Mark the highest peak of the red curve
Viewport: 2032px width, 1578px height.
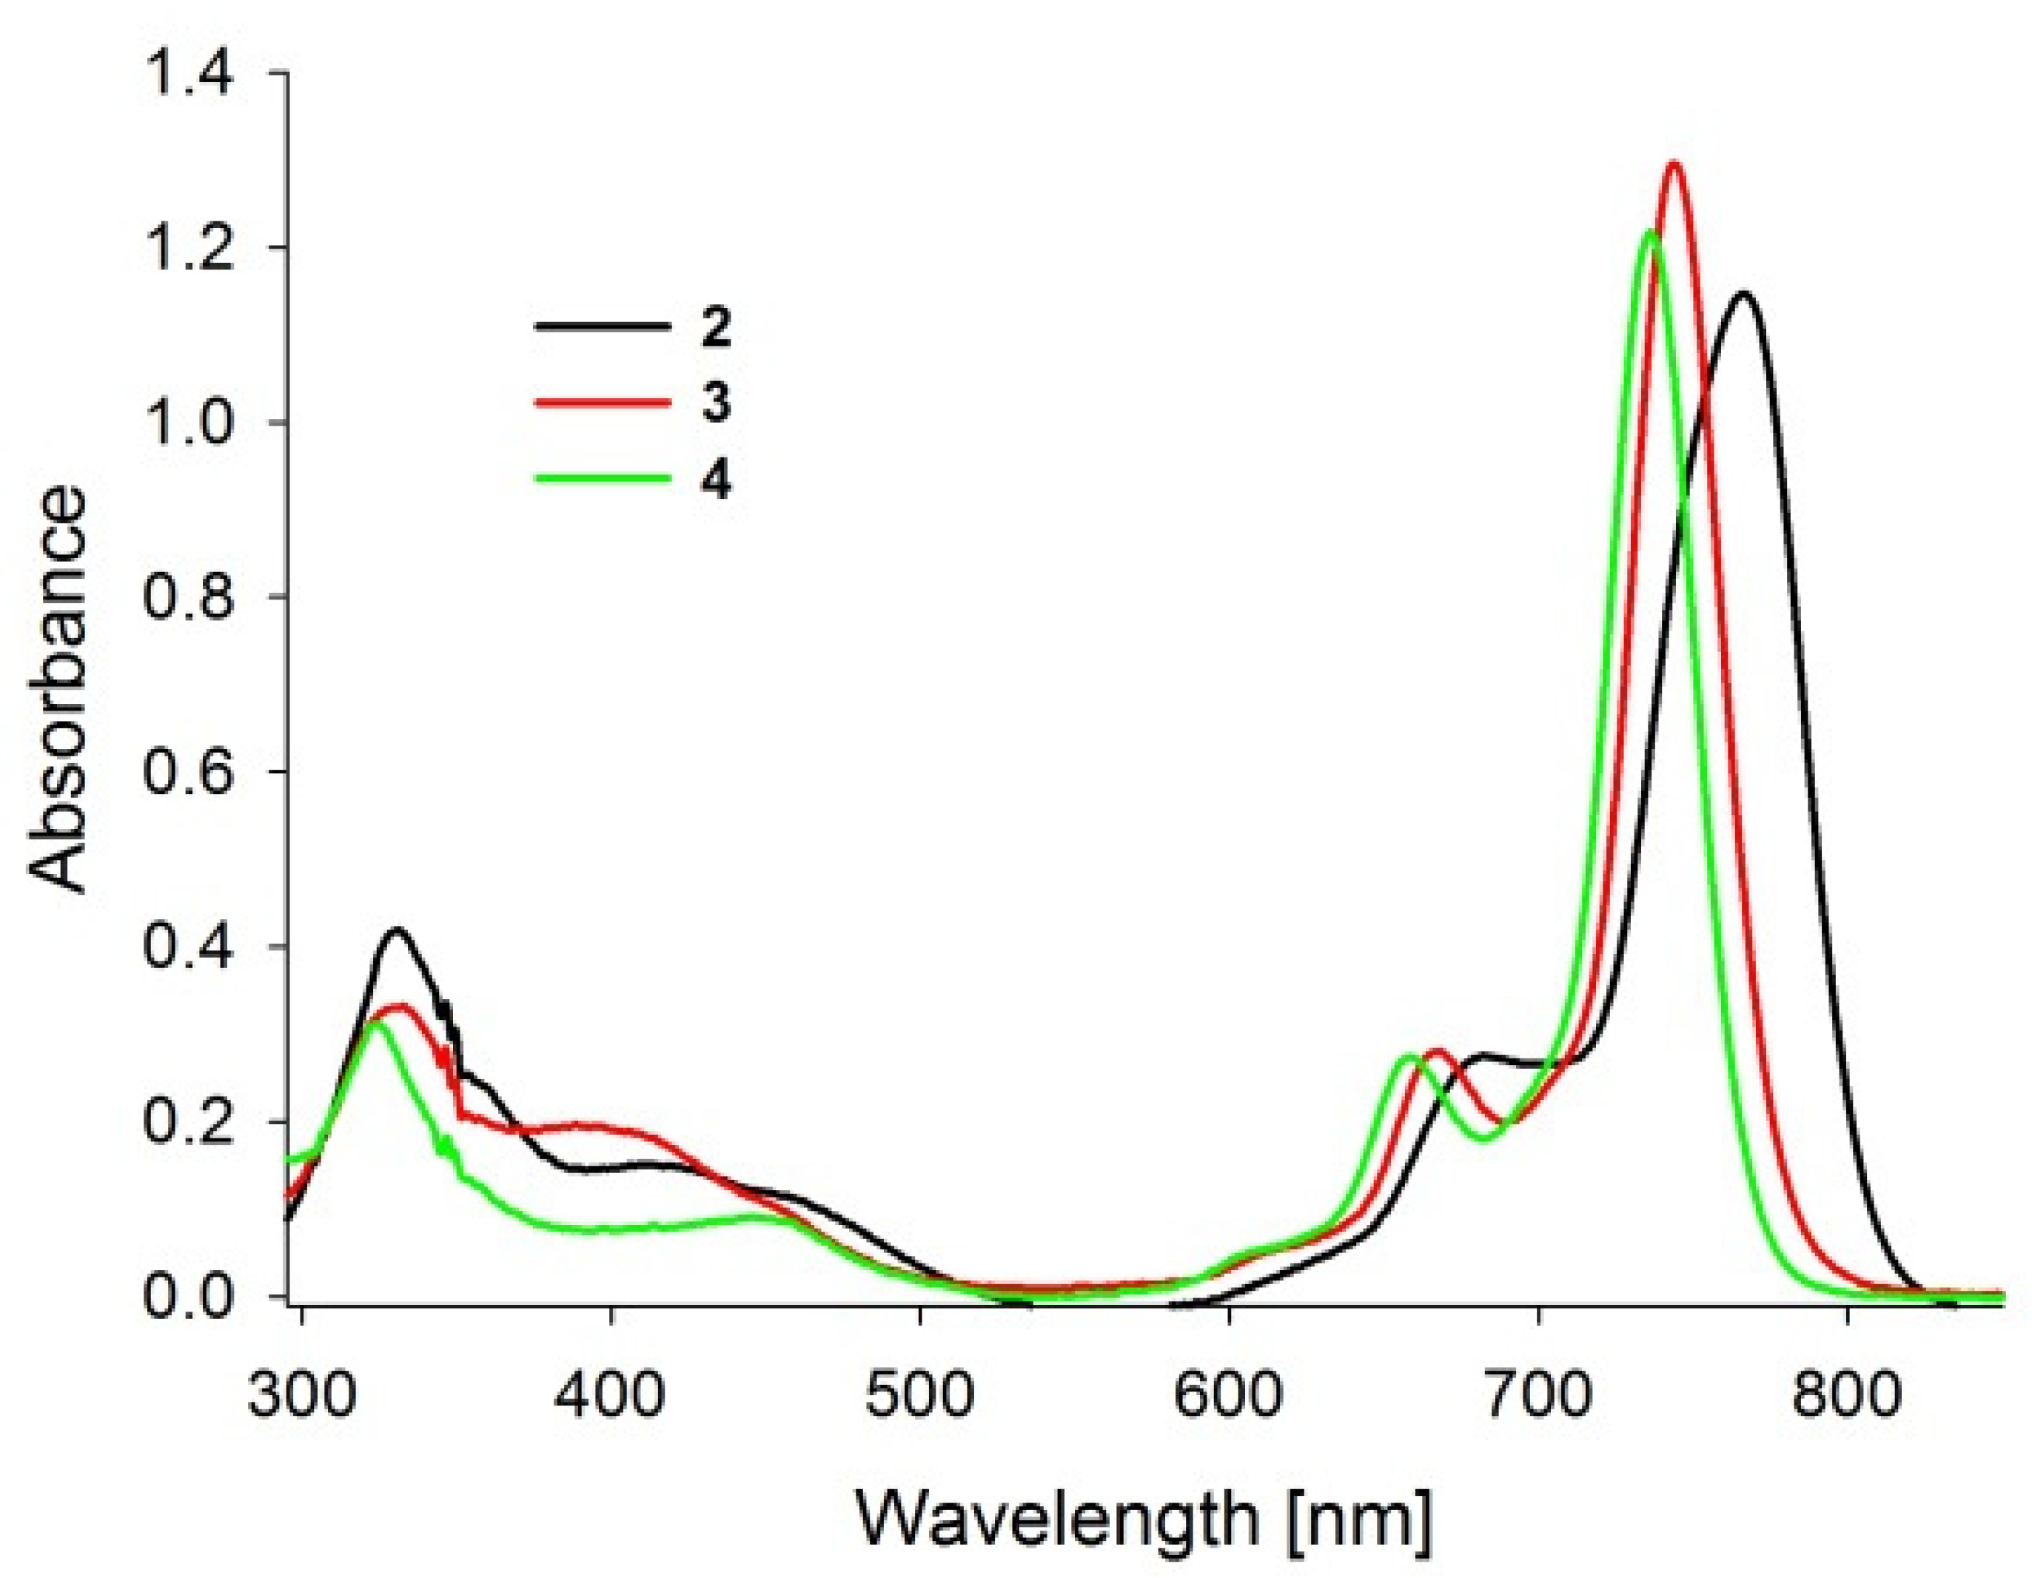tap(1674, 165)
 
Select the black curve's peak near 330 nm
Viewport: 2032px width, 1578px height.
tap(398, 930)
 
